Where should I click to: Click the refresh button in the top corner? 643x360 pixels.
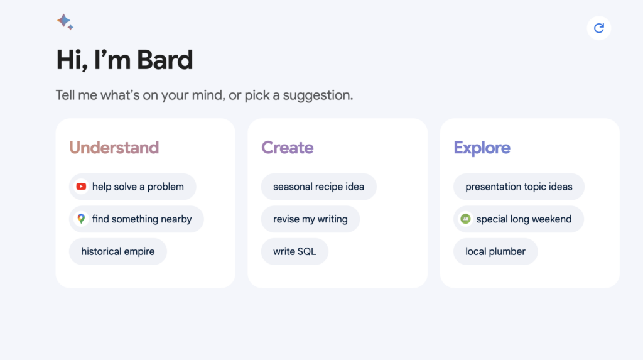[x=598, y=28]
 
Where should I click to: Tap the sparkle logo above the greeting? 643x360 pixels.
[x=65, y=22]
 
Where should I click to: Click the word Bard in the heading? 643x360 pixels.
[x=165, y=60]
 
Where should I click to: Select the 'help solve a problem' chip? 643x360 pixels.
[x=132, y=187]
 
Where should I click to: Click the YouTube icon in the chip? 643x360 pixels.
[x=81, y=187]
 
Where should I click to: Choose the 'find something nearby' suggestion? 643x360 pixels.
[x=136, y=219]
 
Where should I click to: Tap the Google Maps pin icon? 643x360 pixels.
[x=81, y=219]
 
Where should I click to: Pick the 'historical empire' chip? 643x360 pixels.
[x=117, y=252]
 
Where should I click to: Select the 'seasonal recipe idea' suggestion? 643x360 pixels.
[x=318, y=187]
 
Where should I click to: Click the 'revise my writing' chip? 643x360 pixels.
[x=310, y=219]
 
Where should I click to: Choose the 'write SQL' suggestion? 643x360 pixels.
[x=294, y=252]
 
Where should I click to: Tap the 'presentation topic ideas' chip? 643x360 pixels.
[x=519, y=187]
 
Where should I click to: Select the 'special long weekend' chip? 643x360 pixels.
[x=518, y=219]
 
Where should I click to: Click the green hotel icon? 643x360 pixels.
[x=465, y=219]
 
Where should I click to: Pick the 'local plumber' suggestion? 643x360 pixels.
[x=495, y=252]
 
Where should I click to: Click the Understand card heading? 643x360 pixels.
[x=114, y=148]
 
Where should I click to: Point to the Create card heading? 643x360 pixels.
[x=288, y=148]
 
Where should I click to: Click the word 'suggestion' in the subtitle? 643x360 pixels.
[x=318, y=95]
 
